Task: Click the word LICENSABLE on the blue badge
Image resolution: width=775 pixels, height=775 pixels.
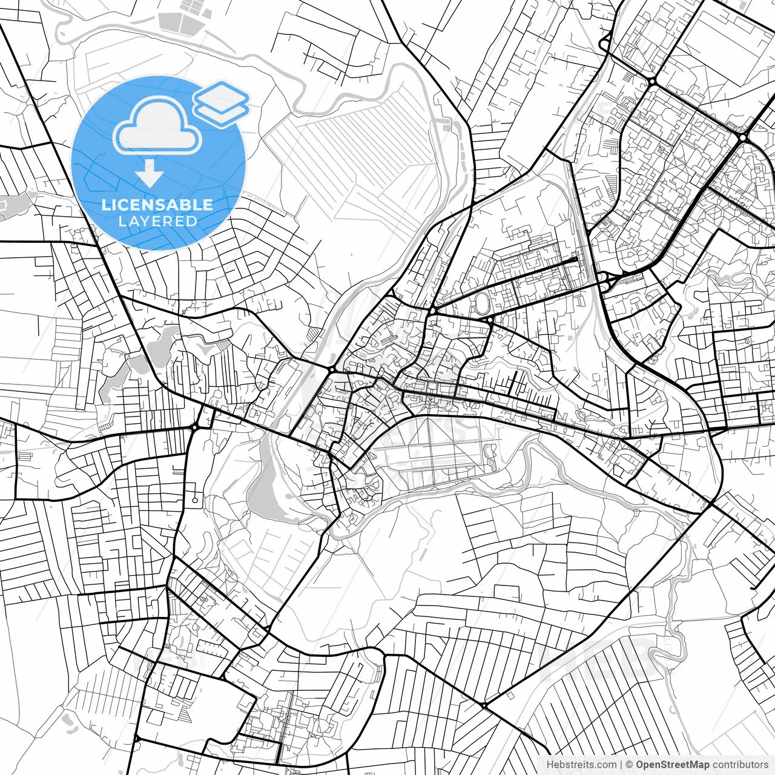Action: (x=157, y=205)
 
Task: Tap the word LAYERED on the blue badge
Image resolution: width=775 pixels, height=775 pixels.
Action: (x=157, y=221)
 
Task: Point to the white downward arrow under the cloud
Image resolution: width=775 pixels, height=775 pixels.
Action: (x=149, y=174)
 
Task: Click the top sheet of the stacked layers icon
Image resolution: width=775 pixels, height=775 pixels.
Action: (x=221, y=94)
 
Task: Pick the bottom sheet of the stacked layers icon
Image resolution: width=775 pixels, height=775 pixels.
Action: (x=222, y=112)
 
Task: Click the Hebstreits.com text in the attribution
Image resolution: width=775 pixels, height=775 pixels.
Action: (x=581, y=765)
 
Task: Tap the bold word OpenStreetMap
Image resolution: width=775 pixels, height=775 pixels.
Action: (x=672, y=765)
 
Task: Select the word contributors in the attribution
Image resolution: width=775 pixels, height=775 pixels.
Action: (x=740, y=765)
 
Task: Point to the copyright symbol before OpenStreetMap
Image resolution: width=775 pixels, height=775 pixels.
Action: (x=629, y=765)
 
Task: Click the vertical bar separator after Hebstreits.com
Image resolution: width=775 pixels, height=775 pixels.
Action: (x=622, y=765)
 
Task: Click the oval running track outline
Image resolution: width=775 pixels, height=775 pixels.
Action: (x=481, y=301)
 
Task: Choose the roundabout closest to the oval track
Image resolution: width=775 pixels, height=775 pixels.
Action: (x=489, y=319)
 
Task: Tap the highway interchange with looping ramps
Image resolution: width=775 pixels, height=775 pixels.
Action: (x=605, y=280)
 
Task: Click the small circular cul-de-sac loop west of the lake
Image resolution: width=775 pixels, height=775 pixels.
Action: (x=195, y=500)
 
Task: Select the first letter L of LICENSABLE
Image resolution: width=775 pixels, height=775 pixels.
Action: (x=105, y=205)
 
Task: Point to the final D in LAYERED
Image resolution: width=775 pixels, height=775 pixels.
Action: (x=193, y=221)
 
